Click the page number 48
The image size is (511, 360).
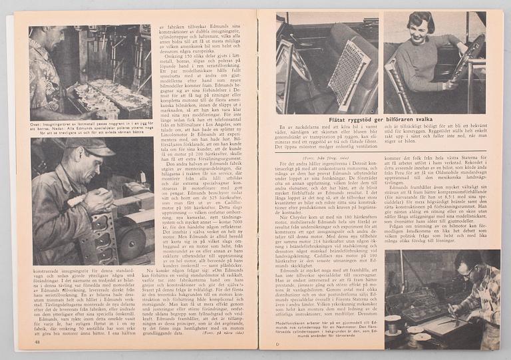click(x=37, y=342)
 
